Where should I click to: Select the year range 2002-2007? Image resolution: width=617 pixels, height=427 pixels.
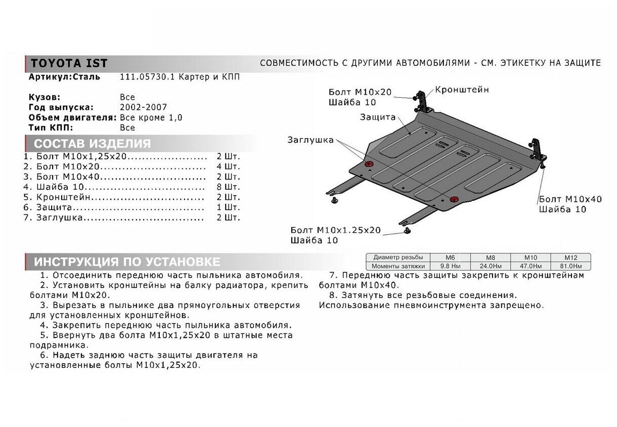point(143,107)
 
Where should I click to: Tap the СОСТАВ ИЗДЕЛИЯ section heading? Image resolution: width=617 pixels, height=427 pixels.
point(93,144)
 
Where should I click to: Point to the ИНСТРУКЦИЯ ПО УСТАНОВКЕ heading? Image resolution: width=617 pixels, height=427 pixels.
point(126,262)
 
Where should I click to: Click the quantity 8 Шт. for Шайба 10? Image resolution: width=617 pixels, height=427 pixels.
point(228,186)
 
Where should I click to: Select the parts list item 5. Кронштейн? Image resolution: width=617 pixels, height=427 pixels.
point(63,197)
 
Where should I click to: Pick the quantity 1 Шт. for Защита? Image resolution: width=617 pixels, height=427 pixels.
point(228,207)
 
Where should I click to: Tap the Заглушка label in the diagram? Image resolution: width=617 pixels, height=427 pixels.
point(311,140)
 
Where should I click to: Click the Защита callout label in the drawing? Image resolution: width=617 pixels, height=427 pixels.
point(377,117)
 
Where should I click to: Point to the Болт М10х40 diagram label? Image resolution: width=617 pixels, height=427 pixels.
point(570,199)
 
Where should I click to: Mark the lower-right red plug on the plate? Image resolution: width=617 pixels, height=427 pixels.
point(454,198)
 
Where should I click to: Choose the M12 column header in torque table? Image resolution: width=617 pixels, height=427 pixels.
point(570,257)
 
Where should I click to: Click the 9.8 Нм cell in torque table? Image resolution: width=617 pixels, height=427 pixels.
point(450,266)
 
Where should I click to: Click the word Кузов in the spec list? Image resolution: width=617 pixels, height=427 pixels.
point(45,97)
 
